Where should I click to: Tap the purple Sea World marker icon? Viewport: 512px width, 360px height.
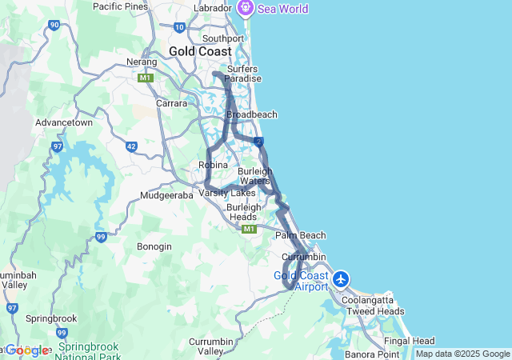(x=245, y=8)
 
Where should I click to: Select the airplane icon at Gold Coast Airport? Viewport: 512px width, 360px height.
(x=342, y=279)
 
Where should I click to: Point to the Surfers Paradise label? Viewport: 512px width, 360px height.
(x=243, y=73)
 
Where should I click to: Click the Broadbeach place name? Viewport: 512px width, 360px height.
(x=252, y=114)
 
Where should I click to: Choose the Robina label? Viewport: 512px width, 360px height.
(x=213, y=165)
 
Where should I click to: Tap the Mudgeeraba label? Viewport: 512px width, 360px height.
(x=166, y=195)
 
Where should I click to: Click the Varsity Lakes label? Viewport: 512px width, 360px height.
(x=233, y=193)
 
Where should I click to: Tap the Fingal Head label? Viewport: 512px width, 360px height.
(x=410, y=340)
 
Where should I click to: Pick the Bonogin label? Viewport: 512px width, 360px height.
(x=154, y=246)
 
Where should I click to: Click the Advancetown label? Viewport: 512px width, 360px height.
(x=66, y=123)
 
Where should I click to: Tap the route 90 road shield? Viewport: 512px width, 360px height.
(x=54, y=25)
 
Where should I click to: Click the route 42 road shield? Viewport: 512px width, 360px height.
(x=131, y=147)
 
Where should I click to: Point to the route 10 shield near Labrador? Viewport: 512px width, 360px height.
(x=179, y=27)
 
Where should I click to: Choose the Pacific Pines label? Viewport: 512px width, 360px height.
(x=121, y=6)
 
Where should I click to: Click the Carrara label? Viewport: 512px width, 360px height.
(x=171, y=103)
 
